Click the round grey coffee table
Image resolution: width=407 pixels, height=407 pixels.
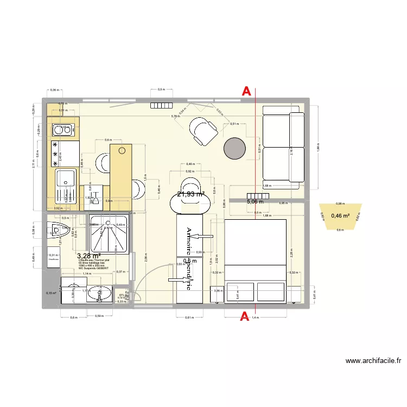[234, 148]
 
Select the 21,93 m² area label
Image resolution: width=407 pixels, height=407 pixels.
[190, 194]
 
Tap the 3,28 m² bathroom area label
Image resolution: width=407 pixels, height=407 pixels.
[89, 256]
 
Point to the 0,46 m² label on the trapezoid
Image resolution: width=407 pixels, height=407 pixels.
[340, 216]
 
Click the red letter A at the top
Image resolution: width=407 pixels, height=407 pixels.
[246, 92]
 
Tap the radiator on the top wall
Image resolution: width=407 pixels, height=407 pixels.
[161, 105]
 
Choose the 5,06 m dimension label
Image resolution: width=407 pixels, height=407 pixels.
[255, 202]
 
